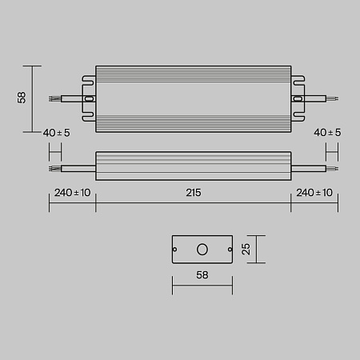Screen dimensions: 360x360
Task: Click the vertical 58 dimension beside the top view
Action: tap(22, 98)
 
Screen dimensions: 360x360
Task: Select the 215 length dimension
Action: tap(193, 193)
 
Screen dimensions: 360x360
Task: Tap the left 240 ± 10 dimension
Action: tap(72, 193)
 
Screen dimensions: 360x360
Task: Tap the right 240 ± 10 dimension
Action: tap(313, 193)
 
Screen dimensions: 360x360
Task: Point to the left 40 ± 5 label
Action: tap(56, 132)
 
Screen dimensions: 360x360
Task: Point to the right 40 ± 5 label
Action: tap(328, 132)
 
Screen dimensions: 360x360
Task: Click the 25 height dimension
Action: tap(249, 249)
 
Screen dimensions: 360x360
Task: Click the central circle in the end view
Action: tap(202, 249)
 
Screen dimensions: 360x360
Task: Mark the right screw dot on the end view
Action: tap(229, 249)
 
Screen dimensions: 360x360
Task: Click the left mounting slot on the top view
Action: tap(89, 99)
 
